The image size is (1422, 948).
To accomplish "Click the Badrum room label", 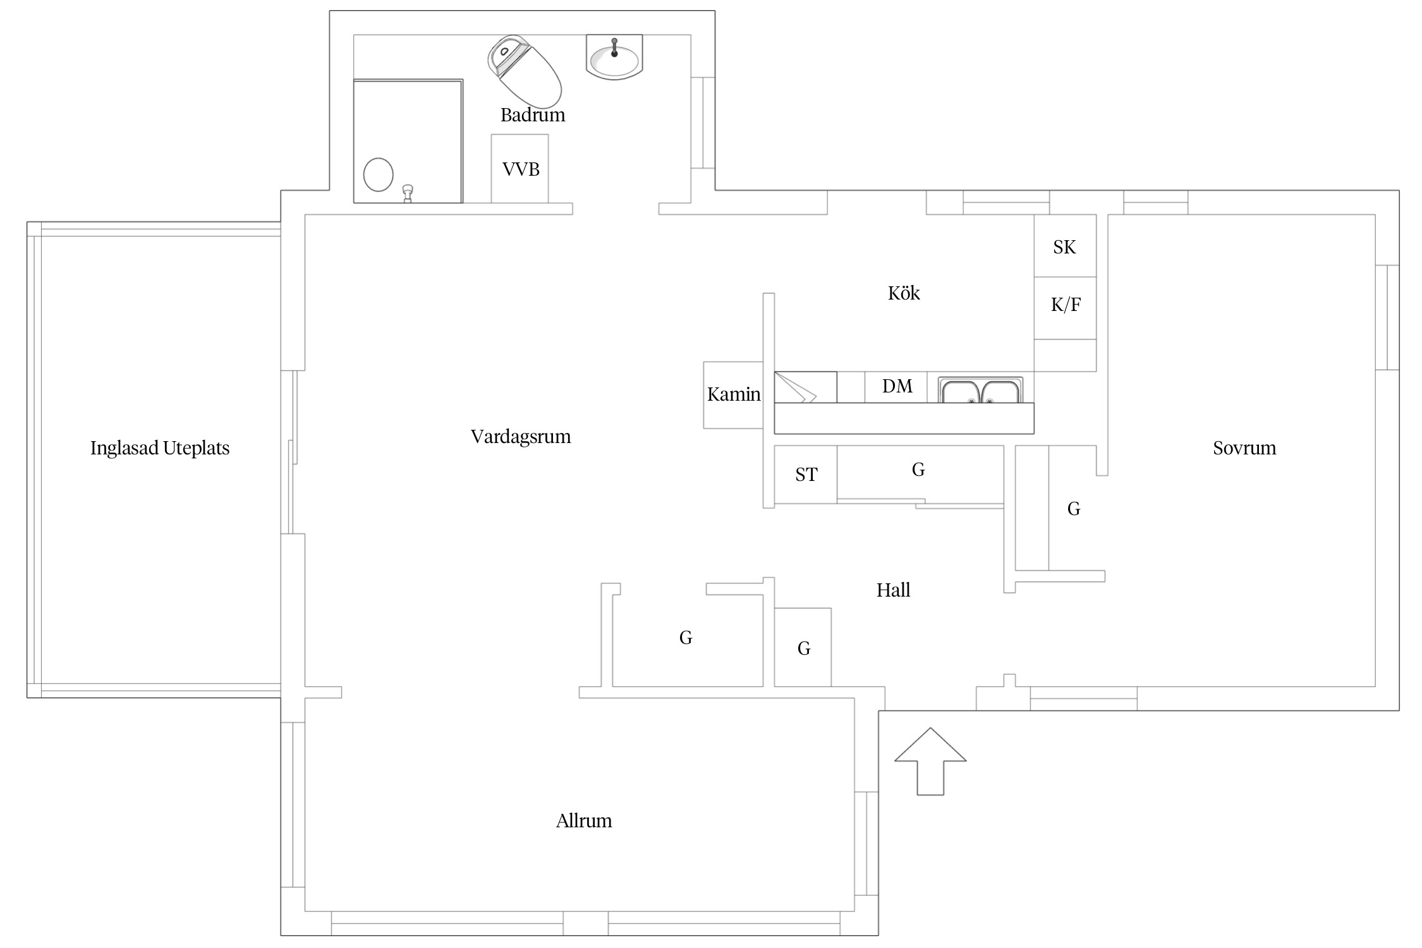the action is [x=533, y=115].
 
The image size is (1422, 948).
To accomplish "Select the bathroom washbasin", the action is [x=614, y=57].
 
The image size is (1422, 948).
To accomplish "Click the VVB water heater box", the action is [x=520, y=169].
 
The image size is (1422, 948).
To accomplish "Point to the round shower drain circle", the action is [x=379, y=174].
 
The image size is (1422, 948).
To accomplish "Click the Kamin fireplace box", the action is [x=733, y=395].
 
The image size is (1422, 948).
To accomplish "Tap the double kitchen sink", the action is [x=980, y=390].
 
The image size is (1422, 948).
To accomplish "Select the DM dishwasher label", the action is [x=897, y=386].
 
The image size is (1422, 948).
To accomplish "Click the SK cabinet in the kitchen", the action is [x=1065, y=246].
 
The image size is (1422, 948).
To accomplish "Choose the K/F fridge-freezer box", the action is [x=1065, y=308].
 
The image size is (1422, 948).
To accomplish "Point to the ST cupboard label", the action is [x=806, y=475].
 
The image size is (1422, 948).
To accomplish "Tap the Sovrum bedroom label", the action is [x=1244, y=448].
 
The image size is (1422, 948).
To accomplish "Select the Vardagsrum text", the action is [x=521, y=437].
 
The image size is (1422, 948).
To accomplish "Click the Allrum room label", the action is [x=584, y=821].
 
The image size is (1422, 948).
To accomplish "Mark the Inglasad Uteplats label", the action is [x=160, y=448].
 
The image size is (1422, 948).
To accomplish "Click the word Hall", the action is [x=893, y=590].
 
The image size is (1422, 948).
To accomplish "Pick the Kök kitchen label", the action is [x=904, y=293].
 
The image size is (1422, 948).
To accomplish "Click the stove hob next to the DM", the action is [x=806, y=387].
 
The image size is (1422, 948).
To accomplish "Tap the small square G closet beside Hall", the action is [x=803, y=647].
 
